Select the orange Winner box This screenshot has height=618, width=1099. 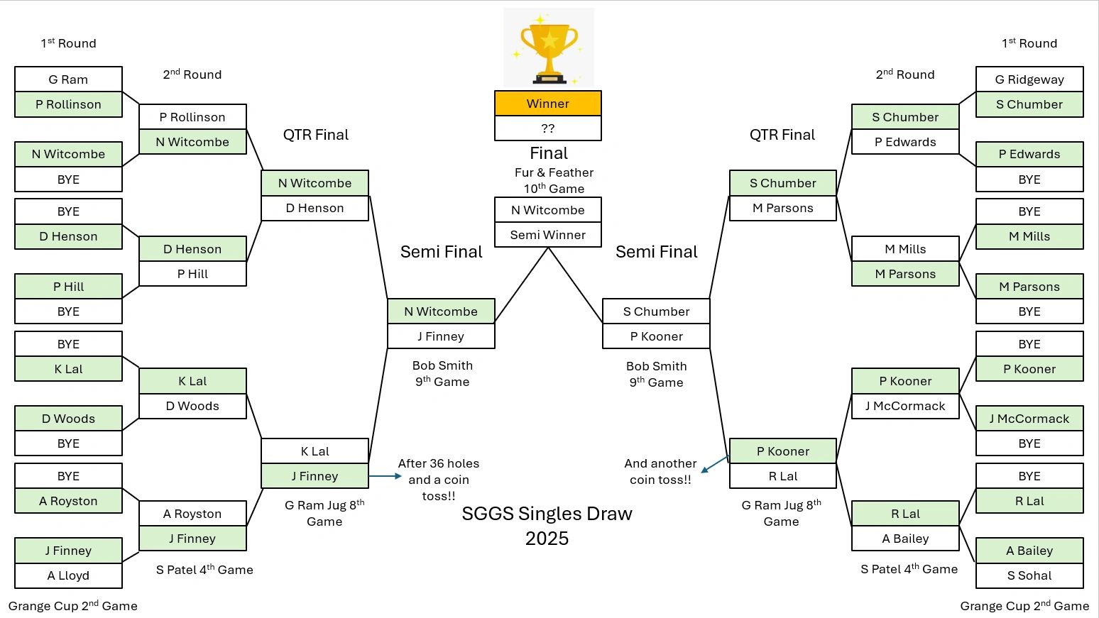click(548, 104)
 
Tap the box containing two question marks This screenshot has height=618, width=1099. click(548, 128)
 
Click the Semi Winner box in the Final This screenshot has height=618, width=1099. click(548, 235)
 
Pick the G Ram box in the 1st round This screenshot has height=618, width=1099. click(68, 79)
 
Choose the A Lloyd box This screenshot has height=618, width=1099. click(68, 575)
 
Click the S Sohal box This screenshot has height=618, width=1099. click(1029, 575)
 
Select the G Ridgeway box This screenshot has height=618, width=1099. click(1029, 79)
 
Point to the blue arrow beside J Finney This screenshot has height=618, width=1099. click(386, 476)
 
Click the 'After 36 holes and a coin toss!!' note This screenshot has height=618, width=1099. click(439, 480)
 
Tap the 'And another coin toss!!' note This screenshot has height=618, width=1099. click(660, 471)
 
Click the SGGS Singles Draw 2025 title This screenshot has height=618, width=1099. click(547, 526)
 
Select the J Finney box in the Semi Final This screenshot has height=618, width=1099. click(441, 336)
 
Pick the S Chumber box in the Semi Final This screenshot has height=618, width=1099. click(656, 311)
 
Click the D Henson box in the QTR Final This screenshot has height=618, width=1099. click(315, 208)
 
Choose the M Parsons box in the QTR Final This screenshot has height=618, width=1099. click(783, 208)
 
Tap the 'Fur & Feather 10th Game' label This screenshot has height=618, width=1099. click(554, 180)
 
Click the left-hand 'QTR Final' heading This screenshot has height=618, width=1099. click(316, 135)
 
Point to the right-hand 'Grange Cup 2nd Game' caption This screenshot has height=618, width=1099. click(1024, 606)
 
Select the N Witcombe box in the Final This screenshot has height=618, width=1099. click(548, 210)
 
